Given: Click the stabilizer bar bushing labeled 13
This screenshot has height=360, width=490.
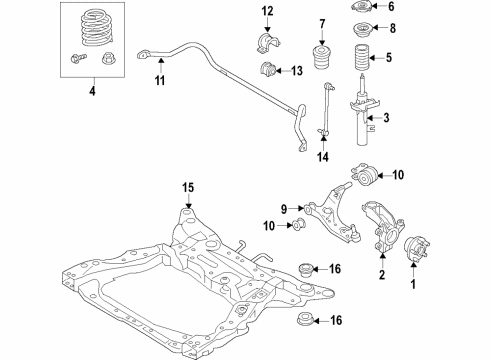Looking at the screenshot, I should (267, 70).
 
